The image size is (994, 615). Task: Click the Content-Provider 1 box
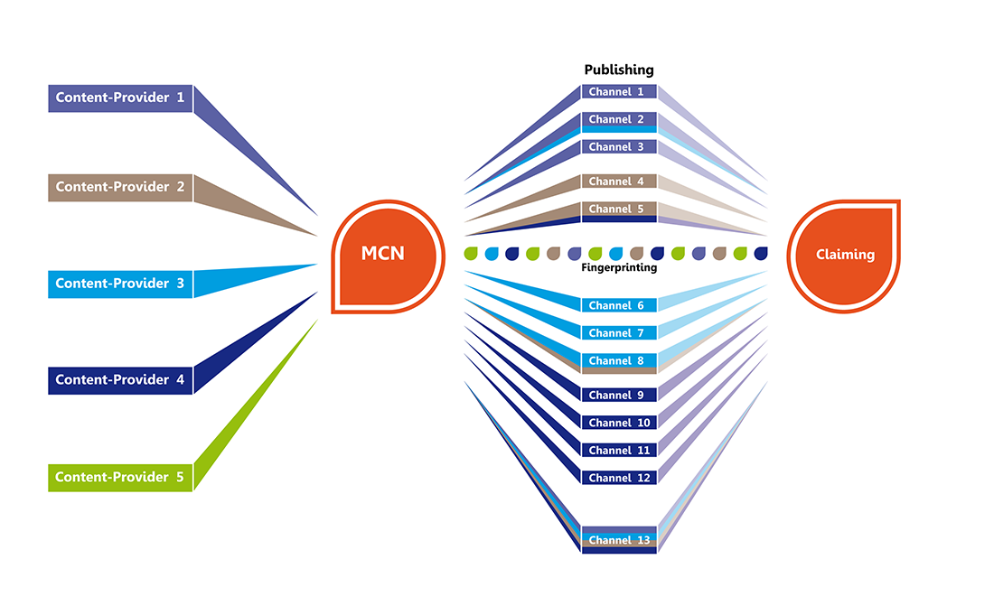120,98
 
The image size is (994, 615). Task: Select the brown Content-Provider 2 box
120,188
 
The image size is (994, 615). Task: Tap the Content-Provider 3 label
120,284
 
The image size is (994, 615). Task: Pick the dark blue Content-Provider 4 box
120,380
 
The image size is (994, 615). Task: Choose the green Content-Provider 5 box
120,478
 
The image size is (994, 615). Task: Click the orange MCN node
388,256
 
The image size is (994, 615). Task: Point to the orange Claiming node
844,256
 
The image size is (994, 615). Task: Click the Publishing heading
619,70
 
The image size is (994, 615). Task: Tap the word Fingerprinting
619,268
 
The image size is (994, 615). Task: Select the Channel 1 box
619,92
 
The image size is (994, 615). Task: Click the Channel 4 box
619,182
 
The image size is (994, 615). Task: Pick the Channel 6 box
619,305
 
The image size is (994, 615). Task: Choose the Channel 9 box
619,396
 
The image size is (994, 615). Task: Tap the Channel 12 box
619,479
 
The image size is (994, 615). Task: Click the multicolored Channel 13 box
619,540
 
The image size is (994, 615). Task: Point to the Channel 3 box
619,147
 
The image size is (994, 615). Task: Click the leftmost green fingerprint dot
471,254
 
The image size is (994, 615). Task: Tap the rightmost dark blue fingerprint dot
761,254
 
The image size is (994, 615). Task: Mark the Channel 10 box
619,423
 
